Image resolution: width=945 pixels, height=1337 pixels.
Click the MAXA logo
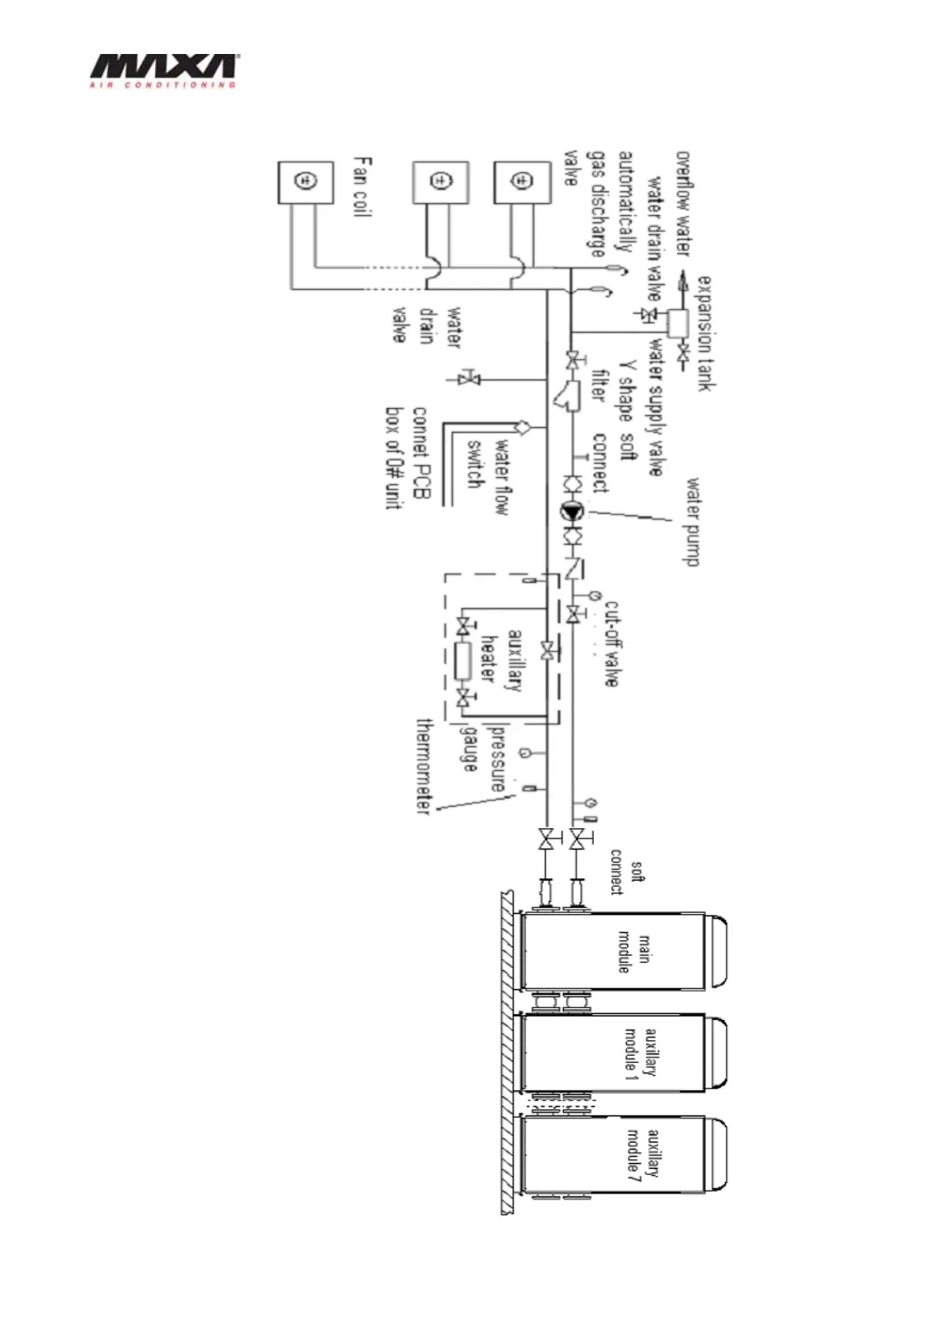162,71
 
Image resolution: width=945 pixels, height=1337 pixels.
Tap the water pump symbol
573,512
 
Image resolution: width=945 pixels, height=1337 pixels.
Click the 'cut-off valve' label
612,642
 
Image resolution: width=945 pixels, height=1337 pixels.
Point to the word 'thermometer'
424,767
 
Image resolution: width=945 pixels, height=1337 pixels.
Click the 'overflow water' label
683,203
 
